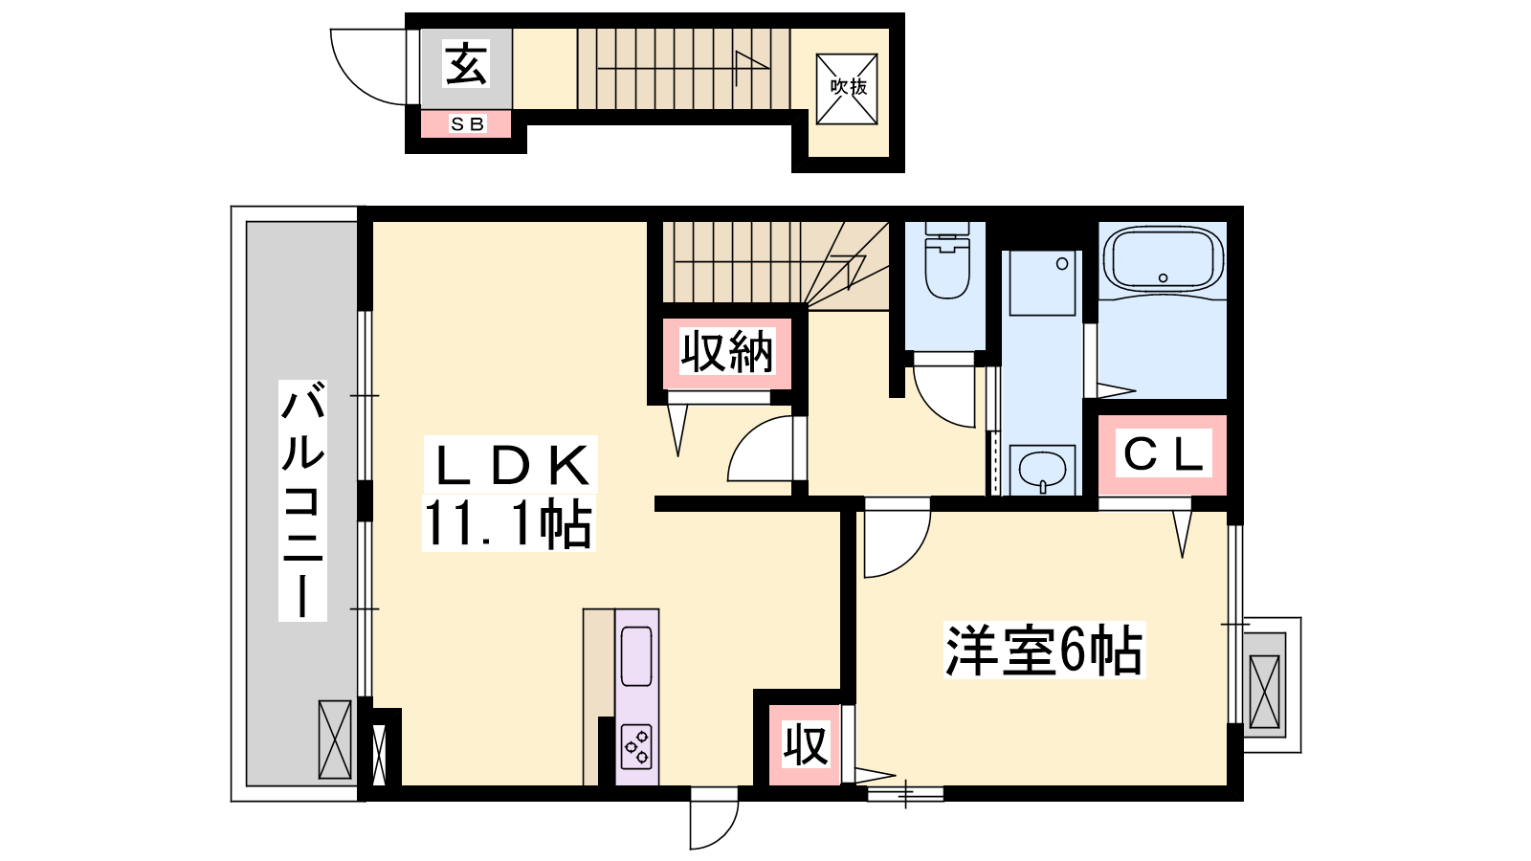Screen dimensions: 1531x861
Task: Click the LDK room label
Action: (511, 465)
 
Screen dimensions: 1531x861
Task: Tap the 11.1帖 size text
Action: (508, 523)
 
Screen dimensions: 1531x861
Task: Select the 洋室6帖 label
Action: (1044, 650)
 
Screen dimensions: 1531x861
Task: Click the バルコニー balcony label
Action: (302, 500)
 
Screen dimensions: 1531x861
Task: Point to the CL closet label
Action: (1164, 453)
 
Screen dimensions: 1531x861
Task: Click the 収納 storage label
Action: (726, 352)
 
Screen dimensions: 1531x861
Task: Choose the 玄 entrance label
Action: (467, 63)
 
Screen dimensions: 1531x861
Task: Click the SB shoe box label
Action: (468, 124)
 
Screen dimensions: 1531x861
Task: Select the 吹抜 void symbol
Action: (847, 89)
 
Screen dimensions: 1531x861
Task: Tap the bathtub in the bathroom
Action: (1164, 259)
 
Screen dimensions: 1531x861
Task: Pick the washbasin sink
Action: (1042, 470)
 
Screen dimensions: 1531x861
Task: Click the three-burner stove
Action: (637, 747)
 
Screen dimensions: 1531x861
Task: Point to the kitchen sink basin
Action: (636, 655)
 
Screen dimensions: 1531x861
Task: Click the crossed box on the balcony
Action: (335, 740)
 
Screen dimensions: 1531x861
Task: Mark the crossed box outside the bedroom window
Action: (1264, 692)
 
